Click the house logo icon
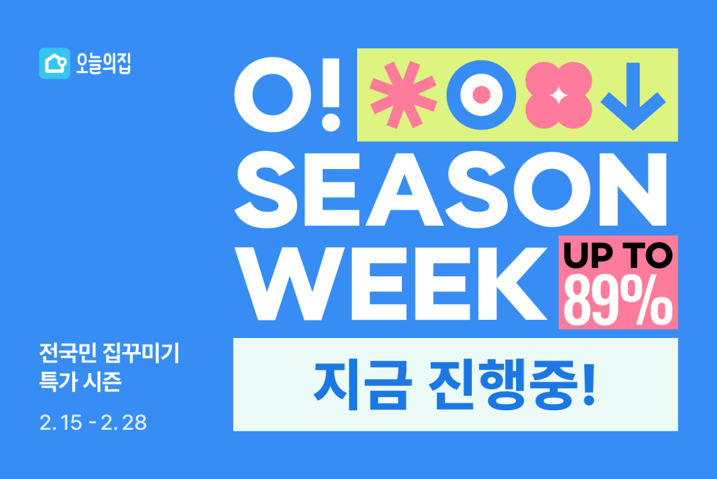pos(55,63)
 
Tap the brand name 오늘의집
pos(104,63)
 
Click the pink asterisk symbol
pos(403,95)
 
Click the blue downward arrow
pos(633,95)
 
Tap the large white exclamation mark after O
pos(330,95)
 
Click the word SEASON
pos(451,189)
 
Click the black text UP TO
pos(618,255)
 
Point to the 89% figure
pos(618,300)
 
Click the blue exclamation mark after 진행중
pos(589,383)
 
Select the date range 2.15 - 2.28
pos(93,423)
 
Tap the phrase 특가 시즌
pos(81,381)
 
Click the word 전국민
pos(68,353)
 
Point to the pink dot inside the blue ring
pos(481,95)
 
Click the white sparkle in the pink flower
pos(558,95)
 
